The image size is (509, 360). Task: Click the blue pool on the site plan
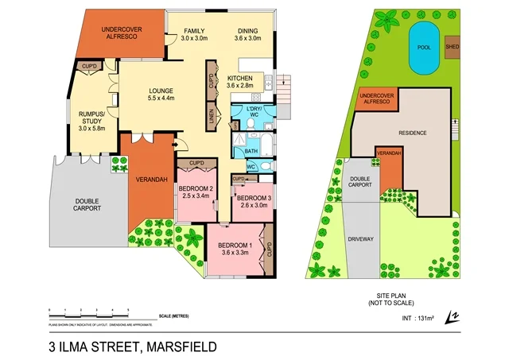[422, 46]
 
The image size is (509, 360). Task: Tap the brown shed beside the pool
[452, 46]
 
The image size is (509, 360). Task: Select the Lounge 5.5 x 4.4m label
[161, 95]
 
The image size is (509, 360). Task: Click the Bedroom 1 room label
[235, 248]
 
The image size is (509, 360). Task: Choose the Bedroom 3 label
[254, 201]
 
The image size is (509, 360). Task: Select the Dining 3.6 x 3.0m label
[247, 34]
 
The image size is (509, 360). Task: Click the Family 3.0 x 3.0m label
[194, 34]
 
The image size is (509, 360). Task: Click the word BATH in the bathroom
[251, 150]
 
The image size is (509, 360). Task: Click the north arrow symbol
[453, 316]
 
